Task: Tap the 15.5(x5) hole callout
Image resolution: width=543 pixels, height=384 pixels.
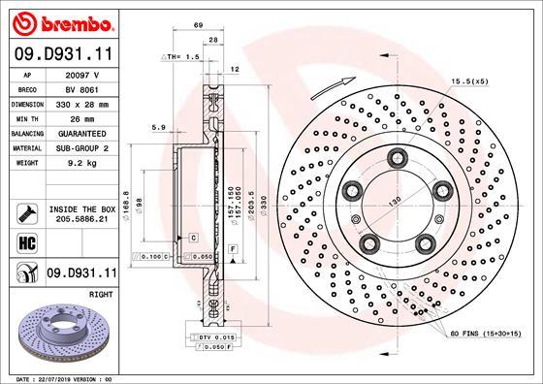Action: (x=468, y=80)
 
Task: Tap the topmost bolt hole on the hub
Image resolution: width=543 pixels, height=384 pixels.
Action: (x=398, y=158)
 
